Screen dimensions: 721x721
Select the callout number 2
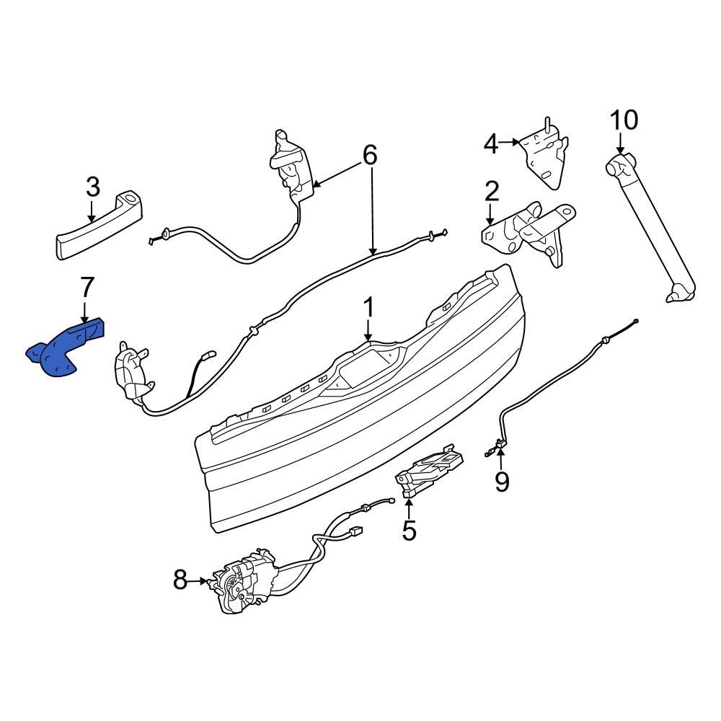(491, 192)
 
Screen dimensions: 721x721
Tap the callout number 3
(92, 188)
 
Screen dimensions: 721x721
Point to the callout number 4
(490, 144)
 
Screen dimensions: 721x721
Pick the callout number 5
(409, 531)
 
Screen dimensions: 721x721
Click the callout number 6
(369, 155)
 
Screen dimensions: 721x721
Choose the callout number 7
(86, 287)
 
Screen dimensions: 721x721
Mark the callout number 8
(180, 579)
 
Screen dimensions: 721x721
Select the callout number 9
(501, 481)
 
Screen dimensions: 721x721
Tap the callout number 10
(624, 120)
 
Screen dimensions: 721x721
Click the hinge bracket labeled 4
(544, 155)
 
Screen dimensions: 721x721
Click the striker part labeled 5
(429, 472)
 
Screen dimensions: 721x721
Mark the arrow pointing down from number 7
(85, 311)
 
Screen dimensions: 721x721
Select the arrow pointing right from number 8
(200, 579)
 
